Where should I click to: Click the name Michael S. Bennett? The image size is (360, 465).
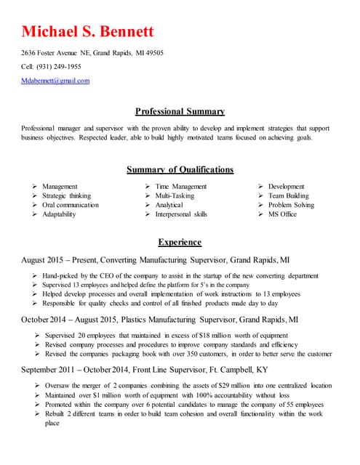coord(87,32)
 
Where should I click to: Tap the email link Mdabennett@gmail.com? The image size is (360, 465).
coord(55,81)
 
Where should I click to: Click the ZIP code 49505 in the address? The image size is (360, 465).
coord(153,53)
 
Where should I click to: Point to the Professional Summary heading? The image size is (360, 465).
coord(180,111)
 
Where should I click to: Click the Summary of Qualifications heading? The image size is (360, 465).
coord(180,169)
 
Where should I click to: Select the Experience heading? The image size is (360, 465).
coord(180,242)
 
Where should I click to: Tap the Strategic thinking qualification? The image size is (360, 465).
coord(66,196)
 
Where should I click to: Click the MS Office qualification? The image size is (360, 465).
coord(282,214)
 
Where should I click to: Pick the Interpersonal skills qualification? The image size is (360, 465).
coord(181,214)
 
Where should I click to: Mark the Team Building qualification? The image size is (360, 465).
coord(288,196)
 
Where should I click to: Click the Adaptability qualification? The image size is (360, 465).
coord(59,214)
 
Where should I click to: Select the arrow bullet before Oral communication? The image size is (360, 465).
coord(34,206)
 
